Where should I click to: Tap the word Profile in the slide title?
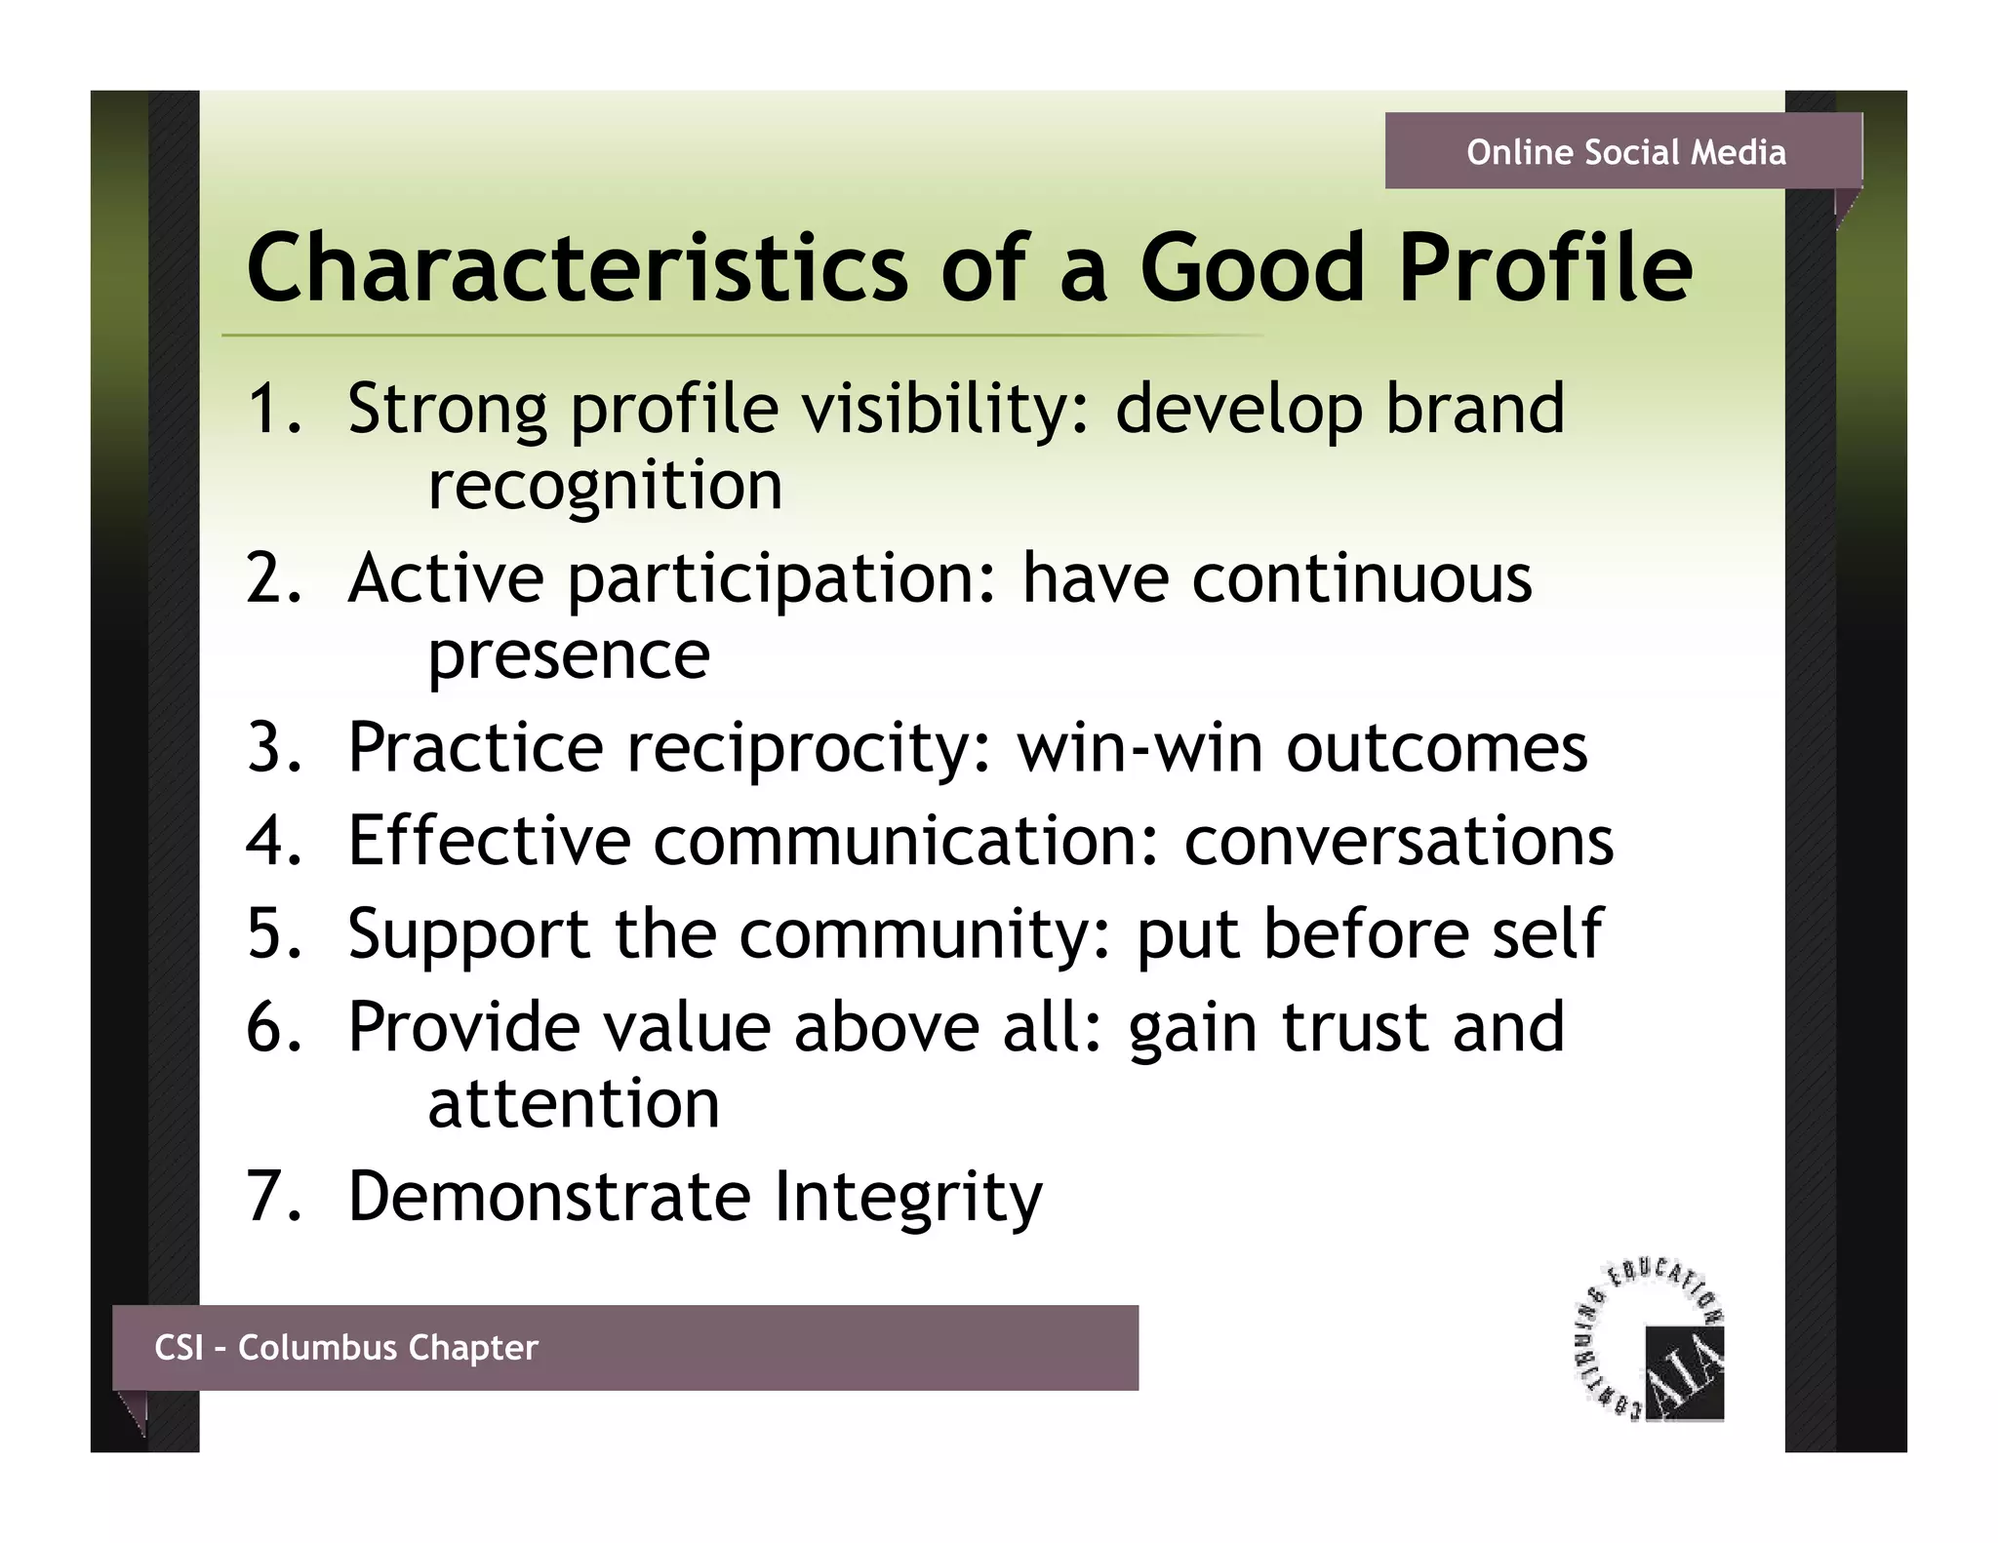(1545, 268)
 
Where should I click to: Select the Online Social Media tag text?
(1625, 152)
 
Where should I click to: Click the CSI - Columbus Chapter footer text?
(346, 1347)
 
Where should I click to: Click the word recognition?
(605, 486)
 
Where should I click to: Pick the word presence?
(569, 655)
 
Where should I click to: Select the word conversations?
(1398, 840)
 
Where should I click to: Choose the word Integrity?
(907, 1197)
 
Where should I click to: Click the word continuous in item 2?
(1361, 577)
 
